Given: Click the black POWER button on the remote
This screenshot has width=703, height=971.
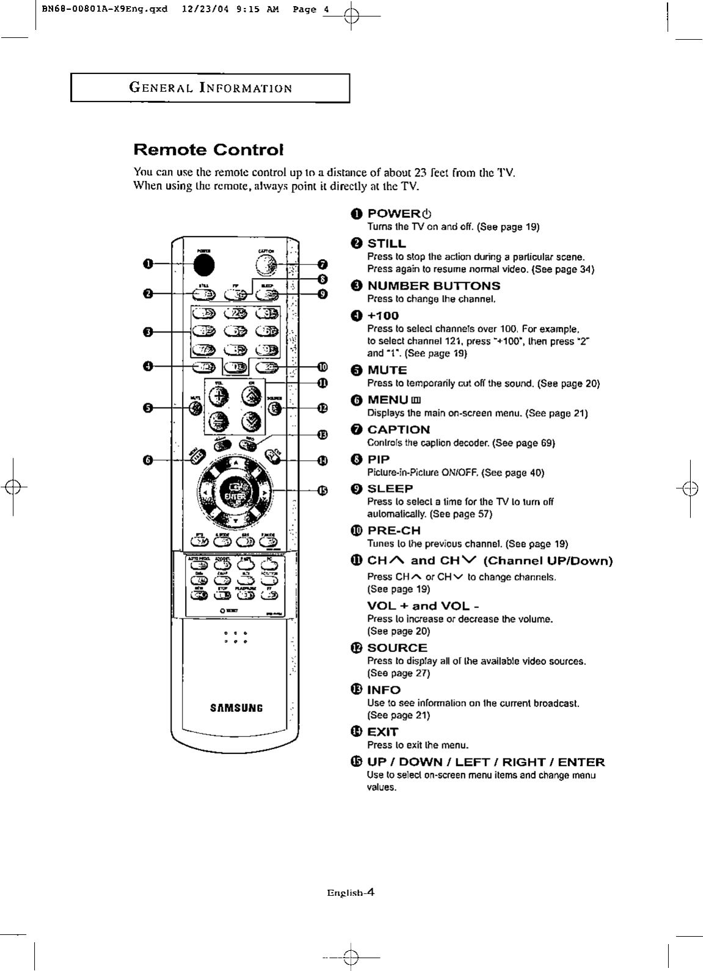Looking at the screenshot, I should [x=205, y=263].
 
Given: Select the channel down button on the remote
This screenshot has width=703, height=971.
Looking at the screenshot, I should [x=253, y=421].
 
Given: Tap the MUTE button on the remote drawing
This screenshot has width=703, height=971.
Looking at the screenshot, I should [x=194, y=408].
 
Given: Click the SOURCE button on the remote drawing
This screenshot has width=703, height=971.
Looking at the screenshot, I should [x=276, y=408].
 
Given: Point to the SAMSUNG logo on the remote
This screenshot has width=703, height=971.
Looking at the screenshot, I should [x=236, y=708].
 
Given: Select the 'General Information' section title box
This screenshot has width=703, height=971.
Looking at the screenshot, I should [x=210, y=87].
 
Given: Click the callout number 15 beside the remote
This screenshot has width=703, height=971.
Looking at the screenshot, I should [x=322, y=490].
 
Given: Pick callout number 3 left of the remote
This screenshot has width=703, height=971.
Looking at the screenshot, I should [x=147, y=332].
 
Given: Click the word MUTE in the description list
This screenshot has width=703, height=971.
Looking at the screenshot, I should [x=387, y=370].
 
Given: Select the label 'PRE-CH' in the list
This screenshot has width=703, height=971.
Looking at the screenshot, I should [x=393, y=530].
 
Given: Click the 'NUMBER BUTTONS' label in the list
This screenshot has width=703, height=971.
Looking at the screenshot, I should [x=433, y=285].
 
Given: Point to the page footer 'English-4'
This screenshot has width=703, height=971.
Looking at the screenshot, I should [x=350, y=893].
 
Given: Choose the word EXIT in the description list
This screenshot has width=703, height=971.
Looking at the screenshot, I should [x=382, y=731].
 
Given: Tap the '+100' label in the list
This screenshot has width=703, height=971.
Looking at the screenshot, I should [x=382, y=315].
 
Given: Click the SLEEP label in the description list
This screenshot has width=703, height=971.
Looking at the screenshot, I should [x=390, y=488].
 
